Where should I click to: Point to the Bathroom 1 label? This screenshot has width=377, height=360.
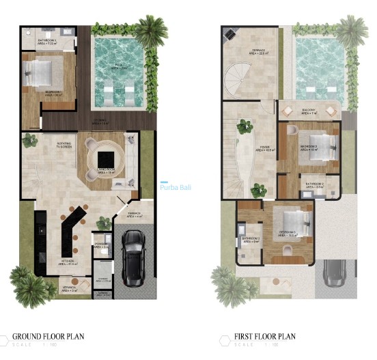pos(46,42)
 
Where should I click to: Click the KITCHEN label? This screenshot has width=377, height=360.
pos(68,262)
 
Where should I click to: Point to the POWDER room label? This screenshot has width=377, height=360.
pos(101,245)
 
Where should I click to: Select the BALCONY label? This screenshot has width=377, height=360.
pos(308,111)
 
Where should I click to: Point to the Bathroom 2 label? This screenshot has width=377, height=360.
pos(314,184)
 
